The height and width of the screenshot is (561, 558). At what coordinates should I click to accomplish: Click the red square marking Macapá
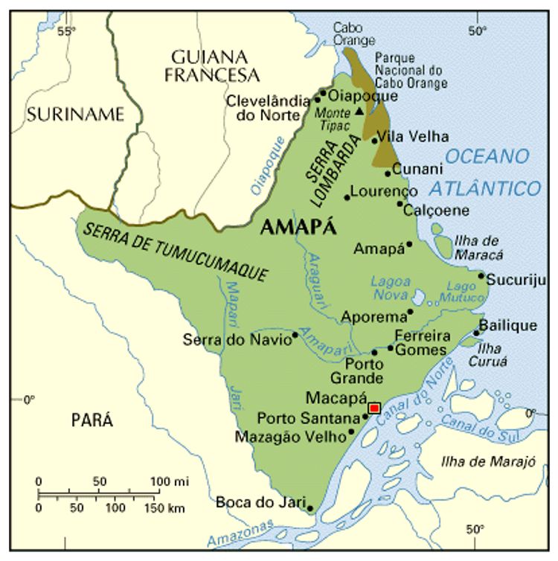point(374,408)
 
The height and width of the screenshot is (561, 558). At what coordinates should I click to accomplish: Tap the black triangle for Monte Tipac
point(360,112)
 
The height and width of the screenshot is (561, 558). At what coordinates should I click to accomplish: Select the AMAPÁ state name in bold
point(298,228)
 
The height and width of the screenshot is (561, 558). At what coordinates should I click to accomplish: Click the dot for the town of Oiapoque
point(323,94)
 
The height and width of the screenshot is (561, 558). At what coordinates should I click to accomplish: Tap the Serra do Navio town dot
point(295,335)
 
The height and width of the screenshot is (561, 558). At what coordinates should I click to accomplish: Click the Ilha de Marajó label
point(488,461)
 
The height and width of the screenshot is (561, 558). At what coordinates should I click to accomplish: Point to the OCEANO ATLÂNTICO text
point(487,172)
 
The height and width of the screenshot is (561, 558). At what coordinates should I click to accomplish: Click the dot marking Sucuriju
point(481,276)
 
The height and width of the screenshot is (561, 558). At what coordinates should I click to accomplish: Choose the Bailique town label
point(507,326)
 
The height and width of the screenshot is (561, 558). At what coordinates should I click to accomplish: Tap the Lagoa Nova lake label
point(391,287)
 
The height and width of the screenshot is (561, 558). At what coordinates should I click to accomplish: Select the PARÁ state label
point(92,420)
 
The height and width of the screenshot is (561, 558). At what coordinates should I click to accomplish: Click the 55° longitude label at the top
point(67,31)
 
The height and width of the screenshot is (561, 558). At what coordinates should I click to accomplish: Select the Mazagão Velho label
point(289,437)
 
